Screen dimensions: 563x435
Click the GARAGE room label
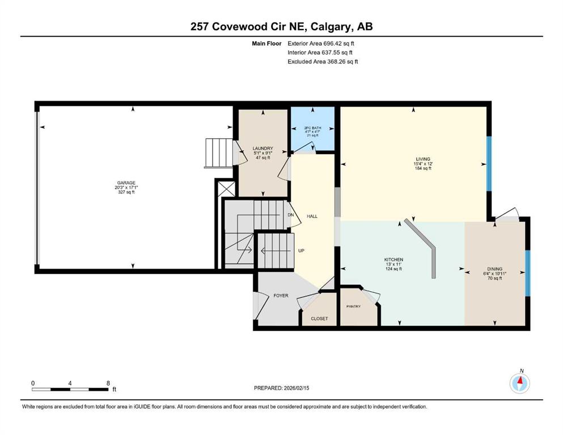[x=126, y=183]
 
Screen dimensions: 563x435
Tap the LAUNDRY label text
[x=263, y=148]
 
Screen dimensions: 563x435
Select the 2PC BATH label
[x=313, y=128]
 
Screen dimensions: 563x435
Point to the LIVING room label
[x=423, y=159]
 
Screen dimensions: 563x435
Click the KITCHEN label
[x=394, y=259]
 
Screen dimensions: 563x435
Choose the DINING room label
[x=495, y=269]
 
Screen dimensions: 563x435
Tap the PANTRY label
[x=354, y=306]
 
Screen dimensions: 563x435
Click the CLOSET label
[x=319, y=318]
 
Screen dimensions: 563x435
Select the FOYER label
[x=281, y=296]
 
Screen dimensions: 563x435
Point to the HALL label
[x=312, y=216]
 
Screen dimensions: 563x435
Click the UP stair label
[x=301, y=251]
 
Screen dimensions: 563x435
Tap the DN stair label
[x=291, y=215]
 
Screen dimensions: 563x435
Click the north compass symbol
[x=519, y=383]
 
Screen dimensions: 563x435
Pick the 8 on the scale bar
[x=108, y=383]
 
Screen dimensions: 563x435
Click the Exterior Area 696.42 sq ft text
[x=321, y=44]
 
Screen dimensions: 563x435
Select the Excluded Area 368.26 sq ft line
[x=323, y=61]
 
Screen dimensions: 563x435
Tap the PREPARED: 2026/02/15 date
[x=281, y=388]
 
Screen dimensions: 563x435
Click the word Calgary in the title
[x=330, y=27]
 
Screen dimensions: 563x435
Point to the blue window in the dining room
[x=527, y=273]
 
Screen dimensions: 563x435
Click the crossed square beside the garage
[x=227, y=189]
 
